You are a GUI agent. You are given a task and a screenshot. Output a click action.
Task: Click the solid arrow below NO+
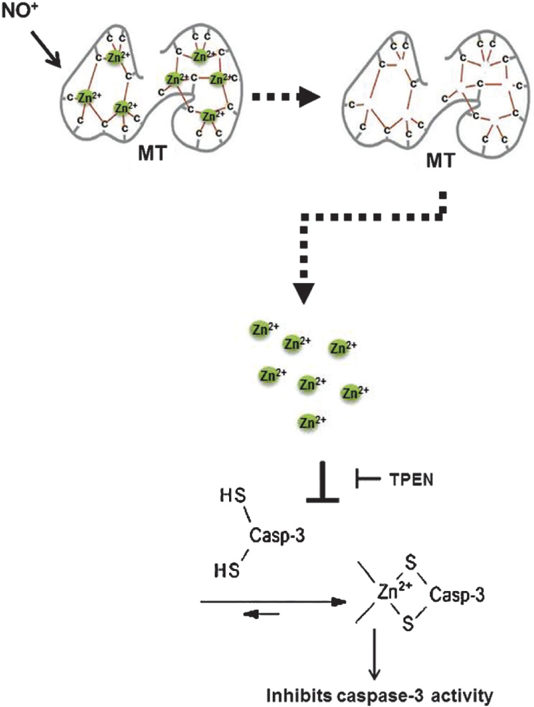[46, 50]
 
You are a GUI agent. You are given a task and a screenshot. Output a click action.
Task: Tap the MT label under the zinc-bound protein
[153, 153]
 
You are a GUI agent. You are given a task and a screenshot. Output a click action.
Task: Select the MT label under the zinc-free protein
[440, 160]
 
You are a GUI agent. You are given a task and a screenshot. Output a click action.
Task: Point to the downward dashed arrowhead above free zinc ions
[304, 294]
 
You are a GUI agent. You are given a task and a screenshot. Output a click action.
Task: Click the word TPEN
[411, 480]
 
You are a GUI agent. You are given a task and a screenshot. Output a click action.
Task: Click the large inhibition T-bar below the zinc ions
[323, 482]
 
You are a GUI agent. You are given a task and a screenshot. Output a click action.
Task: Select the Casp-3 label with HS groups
[277, 536]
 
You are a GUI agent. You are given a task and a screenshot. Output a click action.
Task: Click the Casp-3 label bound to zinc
[457, 594]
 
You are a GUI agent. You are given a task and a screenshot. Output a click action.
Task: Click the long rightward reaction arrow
[273, 602]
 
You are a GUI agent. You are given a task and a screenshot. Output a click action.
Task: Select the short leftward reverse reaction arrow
[261, 614]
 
